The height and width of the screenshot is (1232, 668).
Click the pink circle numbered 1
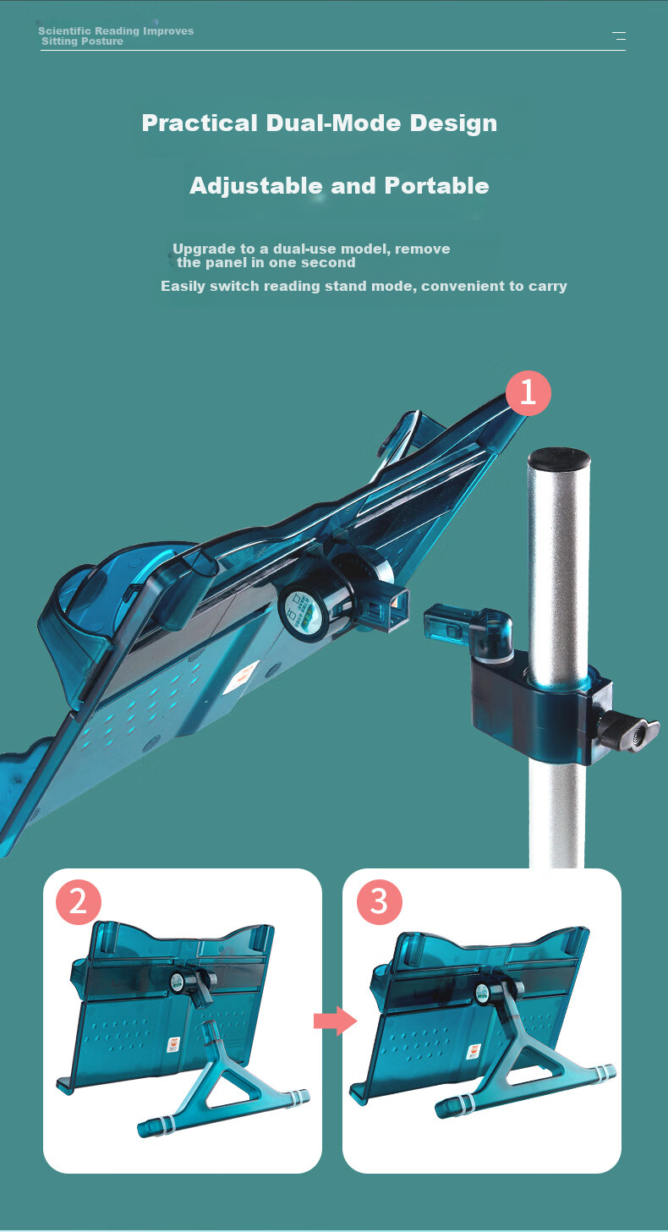pos(528,392)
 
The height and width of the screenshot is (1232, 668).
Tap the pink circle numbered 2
pos(79,902)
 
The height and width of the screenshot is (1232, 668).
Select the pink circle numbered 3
pos(380,902)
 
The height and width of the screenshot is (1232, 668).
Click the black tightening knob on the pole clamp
pos(630,731)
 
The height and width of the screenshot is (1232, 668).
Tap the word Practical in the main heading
pos(200,123)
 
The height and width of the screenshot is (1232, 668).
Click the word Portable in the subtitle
pos(436,186)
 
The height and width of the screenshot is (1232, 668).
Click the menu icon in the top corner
pos(619,36)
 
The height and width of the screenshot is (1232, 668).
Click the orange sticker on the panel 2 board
pos(172,1044)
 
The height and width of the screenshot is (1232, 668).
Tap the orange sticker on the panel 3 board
pos(474,1052)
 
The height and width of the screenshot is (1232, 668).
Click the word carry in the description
pos(548,287)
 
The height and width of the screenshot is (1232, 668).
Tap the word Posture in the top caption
pos(102,41)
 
